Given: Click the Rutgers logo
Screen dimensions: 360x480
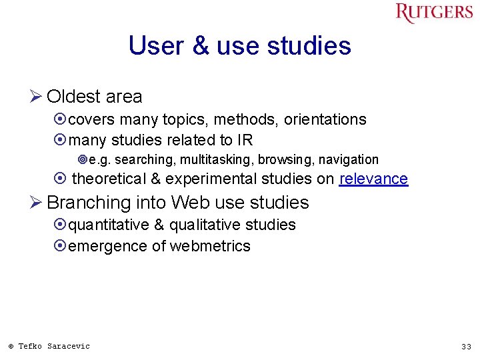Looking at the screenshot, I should (434, 13).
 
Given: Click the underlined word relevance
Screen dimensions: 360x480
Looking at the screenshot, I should (373, 179).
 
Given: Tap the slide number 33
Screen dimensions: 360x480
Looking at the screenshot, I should (466, 347).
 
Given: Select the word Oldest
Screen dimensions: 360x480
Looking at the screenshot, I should (74, 97).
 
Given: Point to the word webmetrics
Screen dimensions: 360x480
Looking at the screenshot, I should (210, 246).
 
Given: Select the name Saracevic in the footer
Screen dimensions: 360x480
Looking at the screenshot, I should (69, 346).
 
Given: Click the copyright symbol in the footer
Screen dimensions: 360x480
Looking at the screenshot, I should (11, 347).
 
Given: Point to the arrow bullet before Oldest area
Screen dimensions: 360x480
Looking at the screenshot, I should (37, 97).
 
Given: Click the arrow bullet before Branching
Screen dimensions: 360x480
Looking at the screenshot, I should (37, 203).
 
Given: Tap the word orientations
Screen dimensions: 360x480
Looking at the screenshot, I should (325, 120).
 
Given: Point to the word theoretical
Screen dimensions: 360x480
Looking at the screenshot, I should (108, 179).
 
